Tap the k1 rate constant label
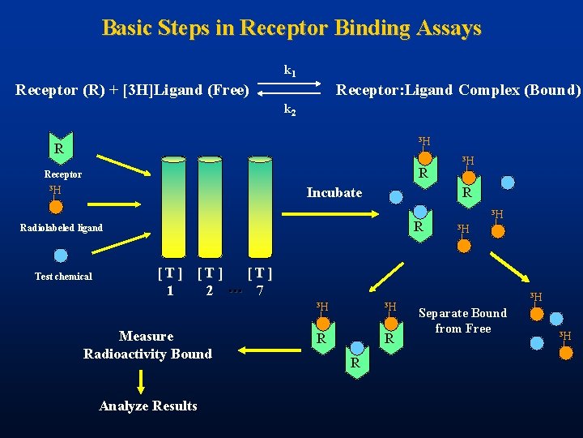(x=289, y=71)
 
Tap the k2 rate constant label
(x=289, y=109)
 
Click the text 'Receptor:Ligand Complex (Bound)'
(x=458, y=90)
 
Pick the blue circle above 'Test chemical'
(x=61, y=256)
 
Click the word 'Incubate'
(x=334, y=193)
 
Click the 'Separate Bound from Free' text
(x=462, y=320)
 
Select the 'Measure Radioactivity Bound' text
(x=147, y=345)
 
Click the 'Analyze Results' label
(x=147, y=406)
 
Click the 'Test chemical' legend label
(x=63, y=277)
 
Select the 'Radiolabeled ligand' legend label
(x=62, y=228)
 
